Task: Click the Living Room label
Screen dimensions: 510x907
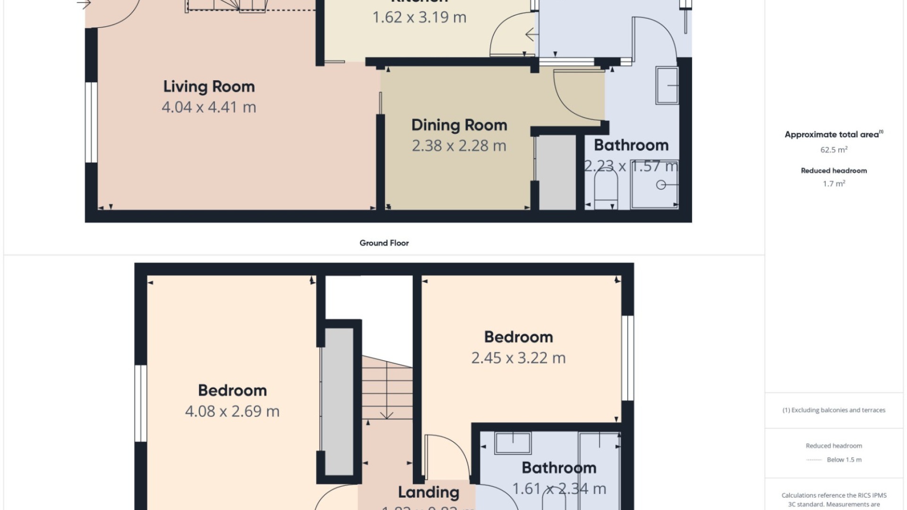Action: click(209, 86)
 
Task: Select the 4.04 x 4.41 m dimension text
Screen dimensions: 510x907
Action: click(209, 107)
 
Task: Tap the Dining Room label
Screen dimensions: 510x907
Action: click(459, 125)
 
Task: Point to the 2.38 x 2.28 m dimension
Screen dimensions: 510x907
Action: click(459, 146)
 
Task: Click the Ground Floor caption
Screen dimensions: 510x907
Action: click(384, 243)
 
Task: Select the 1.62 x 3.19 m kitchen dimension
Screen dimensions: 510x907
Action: click(419, 17)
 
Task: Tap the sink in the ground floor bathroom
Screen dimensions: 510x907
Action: click(667, 85)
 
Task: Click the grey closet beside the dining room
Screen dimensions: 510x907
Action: click(557, 172)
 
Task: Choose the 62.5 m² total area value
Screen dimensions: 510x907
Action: click(834, 150)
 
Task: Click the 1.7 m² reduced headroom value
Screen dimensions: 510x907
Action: click(834, 184)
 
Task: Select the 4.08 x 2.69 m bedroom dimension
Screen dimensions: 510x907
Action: click(232, 411)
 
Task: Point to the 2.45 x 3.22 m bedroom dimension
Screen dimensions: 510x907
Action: click(518, 358)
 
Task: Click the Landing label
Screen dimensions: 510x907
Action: click(428, 493)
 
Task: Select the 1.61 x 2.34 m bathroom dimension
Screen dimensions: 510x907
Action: click(559, 489)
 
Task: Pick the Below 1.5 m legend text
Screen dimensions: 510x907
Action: click(844, 459)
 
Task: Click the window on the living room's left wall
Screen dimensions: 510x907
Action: click(91, 123)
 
